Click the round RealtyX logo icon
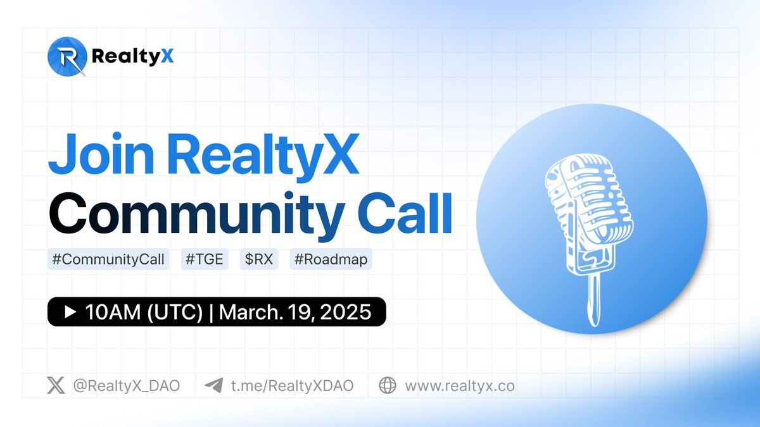[x=66, y=56]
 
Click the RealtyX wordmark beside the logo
[x=132, y=57]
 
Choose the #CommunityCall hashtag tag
[x=108, y=259]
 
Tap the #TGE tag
[x=204, y=259]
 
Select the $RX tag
[x=258, y=259]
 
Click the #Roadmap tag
[x=331, y=259]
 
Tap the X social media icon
[x=56, y=385]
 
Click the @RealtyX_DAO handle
[x=125, y=385]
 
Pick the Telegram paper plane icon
[x=213, y=385]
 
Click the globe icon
[x=388, y=385]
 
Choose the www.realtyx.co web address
[x=460, y=385]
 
